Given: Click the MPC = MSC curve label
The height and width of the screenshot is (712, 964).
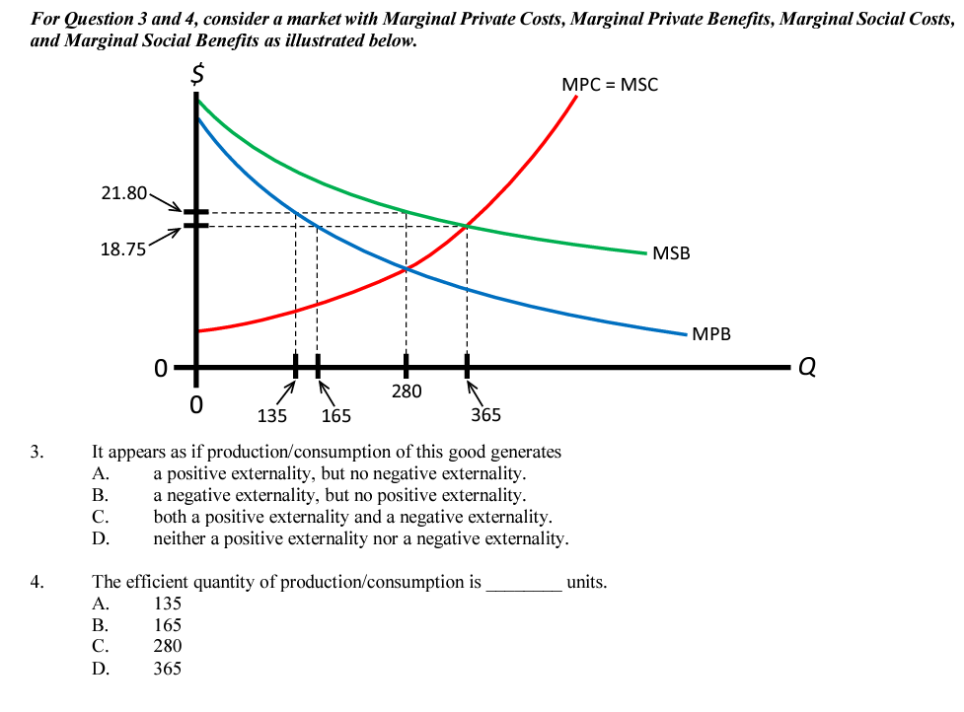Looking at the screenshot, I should [609, 84].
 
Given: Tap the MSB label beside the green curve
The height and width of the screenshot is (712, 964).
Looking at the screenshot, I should [671, 253].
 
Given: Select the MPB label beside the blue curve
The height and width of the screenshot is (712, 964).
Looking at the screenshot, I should [711, 333].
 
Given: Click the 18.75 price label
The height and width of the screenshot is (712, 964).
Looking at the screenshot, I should [123, 249].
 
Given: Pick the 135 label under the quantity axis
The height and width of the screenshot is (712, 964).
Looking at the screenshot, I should [271, 416].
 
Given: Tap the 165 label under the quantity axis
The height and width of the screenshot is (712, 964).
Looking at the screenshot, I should [335, 416].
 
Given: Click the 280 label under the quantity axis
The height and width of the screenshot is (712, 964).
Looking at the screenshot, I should [406, 392].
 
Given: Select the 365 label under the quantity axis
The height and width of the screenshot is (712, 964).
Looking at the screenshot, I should [485, 415].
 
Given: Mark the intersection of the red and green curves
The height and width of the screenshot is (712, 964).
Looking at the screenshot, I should [467, 227].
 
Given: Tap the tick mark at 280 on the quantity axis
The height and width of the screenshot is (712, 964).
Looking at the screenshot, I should [406, 365].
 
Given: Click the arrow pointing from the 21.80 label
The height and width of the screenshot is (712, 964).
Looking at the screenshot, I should [166, 202].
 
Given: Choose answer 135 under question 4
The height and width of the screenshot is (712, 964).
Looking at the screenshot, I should [167, 604].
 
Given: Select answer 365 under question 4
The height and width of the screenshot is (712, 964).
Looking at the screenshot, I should [167, 669].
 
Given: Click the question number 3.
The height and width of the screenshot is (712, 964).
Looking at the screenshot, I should [37, 453].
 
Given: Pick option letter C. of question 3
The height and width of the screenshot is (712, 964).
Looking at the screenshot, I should [100, 518].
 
